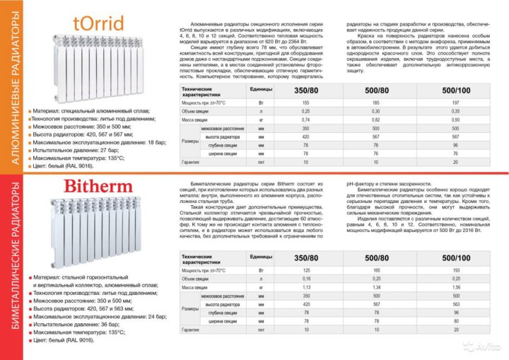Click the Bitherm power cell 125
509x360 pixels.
click(305, 271)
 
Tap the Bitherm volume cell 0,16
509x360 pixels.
click(305, 280)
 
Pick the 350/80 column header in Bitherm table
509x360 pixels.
click(305, 258)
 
